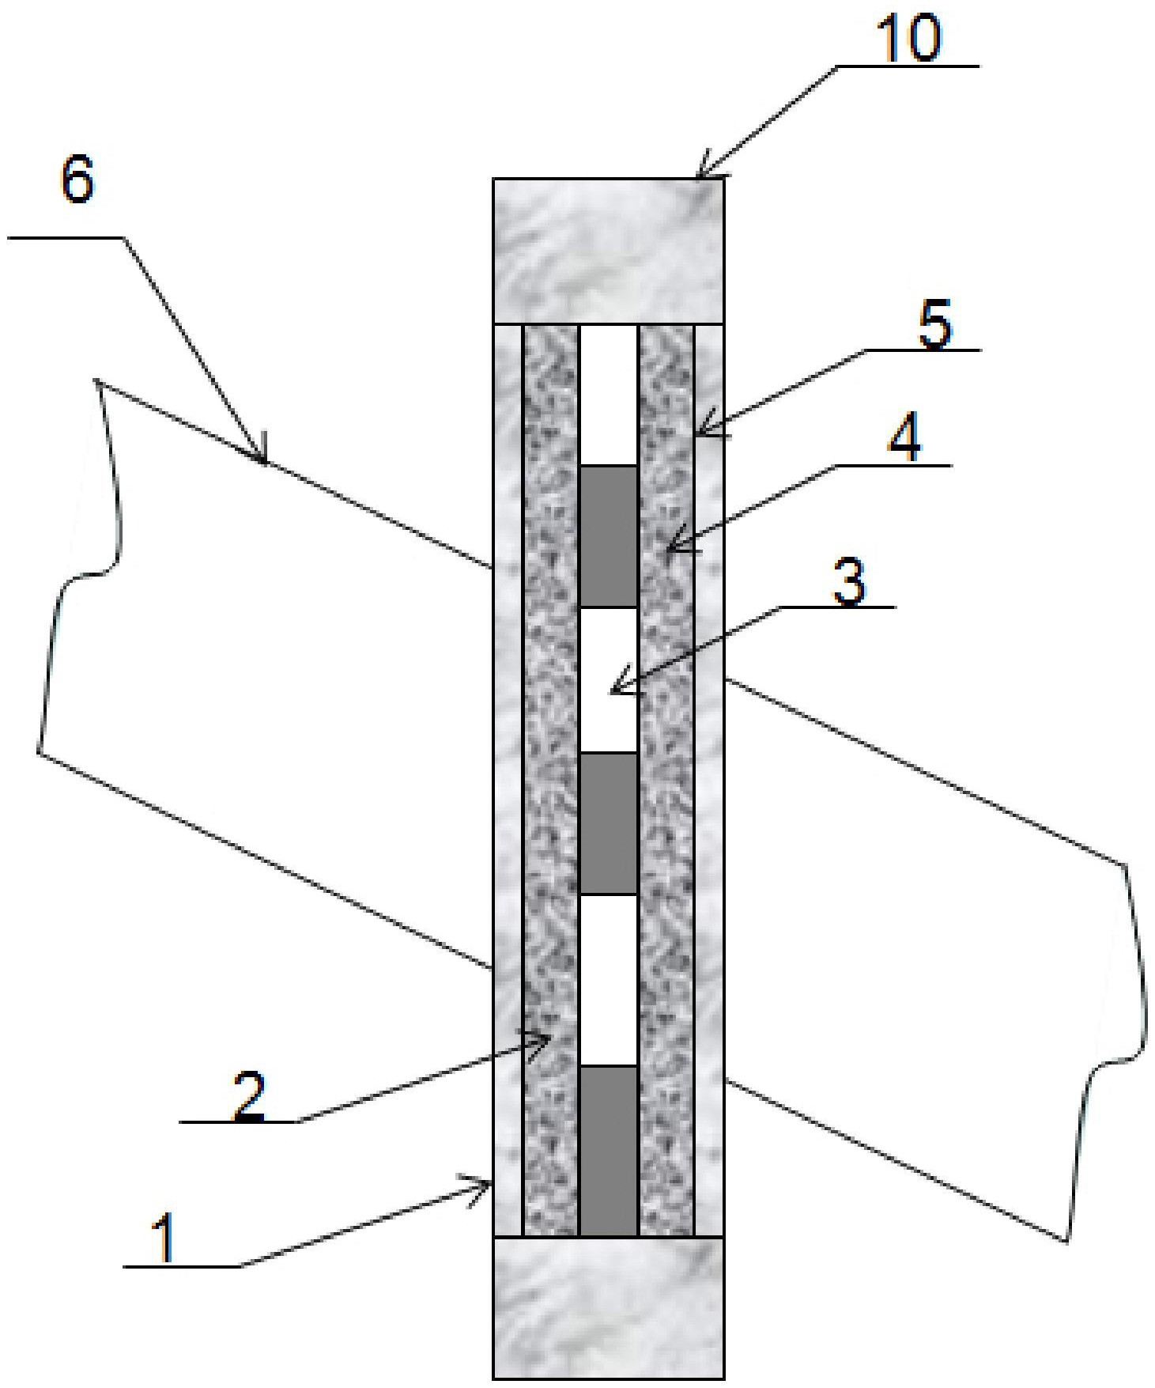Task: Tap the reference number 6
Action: tap(77, 183)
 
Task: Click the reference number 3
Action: tap(849, 583)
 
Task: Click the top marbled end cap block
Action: tap(608, 251)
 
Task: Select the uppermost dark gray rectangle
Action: tap(609, 536)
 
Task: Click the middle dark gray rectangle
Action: tap(609, 823)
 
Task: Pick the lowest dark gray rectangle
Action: tap(609, 1150)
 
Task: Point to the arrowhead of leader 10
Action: tap(699, 174)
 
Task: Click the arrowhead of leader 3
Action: tap(613, 691)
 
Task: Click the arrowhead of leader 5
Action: tap(698, 432)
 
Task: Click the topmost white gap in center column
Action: tap(609, 395)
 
